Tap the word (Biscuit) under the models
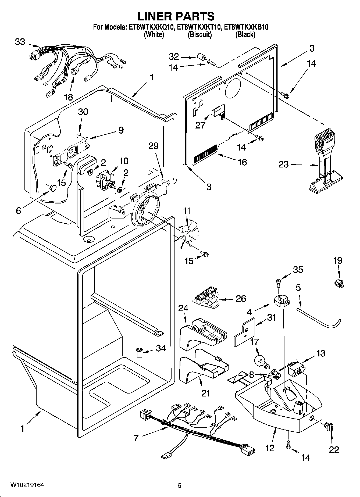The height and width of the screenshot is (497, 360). click(x=199, y=34)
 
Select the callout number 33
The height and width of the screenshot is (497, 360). click(x=20, y=42)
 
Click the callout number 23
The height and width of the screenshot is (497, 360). click(x=283, y=164)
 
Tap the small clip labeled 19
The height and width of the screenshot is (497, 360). click(x=339, y=283)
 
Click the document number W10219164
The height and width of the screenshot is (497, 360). click(x=27, y=485)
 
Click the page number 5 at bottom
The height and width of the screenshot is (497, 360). click(x=180, y=485)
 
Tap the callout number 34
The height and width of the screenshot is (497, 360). click(x=161, y=348)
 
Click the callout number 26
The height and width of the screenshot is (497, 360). click(x=241, y=298)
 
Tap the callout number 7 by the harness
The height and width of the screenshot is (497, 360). click(x=136, y=438)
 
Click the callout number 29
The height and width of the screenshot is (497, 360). click(x=154, y=146)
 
